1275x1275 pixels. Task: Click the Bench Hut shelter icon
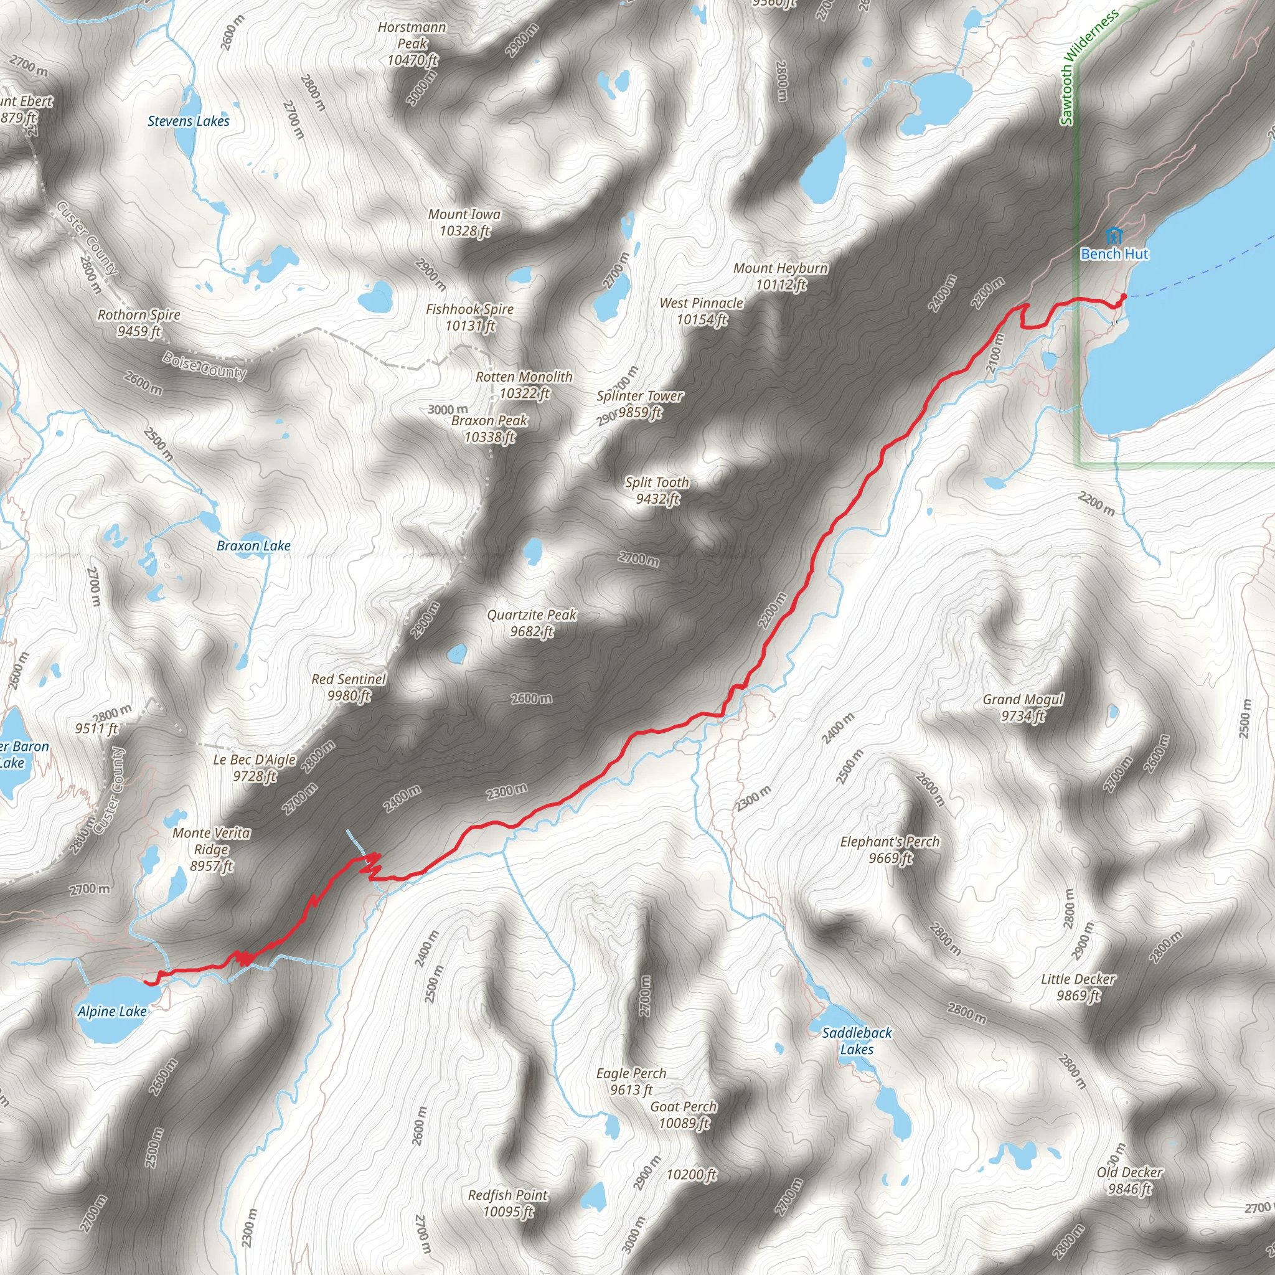tap(1113, 234)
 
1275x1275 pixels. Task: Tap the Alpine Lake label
tap(112, 1011)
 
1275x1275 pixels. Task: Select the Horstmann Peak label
tap(412, 44)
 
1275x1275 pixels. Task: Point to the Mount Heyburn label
tap(781, 276)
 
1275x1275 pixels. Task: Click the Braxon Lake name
tap(253, 546)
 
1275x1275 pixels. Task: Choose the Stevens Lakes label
tap(188, 121)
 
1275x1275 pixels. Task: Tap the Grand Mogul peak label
tap(1023, 707)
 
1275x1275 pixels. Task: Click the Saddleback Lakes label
tap(857, 1041)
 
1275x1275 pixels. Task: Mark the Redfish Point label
tap(507, 1203)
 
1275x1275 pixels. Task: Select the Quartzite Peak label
tap(531, 623)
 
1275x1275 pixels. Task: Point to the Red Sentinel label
tap(349, 687)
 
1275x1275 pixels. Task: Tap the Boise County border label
tap(205, 365)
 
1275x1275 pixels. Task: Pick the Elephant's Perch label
tap(890, 849)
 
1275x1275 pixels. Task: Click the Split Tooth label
tap(657, 491)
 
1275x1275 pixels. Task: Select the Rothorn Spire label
tap(139, 322)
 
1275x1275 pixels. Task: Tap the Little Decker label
tap(1078, 987)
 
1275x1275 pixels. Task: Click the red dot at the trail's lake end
tap(1124, 296)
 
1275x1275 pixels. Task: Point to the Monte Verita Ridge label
tap(211, 849)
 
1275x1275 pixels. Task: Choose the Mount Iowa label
tap(464, 222)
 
